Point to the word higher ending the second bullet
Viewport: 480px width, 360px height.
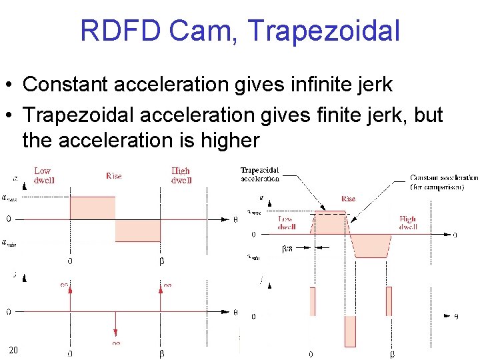226,141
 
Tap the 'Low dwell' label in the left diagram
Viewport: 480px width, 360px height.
43,175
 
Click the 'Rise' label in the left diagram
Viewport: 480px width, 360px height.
114,176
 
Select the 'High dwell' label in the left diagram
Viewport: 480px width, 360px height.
181,175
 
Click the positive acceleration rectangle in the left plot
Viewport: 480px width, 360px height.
93,207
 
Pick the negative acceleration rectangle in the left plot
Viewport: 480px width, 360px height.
138,230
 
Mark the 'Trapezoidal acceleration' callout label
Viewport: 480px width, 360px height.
260,175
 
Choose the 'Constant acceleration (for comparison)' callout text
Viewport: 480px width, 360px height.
443,182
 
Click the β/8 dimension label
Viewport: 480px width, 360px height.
287,247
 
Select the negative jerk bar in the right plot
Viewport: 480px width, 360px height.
351,331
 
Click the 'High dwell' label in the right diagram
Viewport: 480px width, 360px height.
408,223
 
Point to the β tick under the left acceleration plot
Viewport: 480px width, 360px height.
161,261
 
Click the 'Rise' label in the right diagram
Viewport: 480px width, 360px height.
348,199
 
